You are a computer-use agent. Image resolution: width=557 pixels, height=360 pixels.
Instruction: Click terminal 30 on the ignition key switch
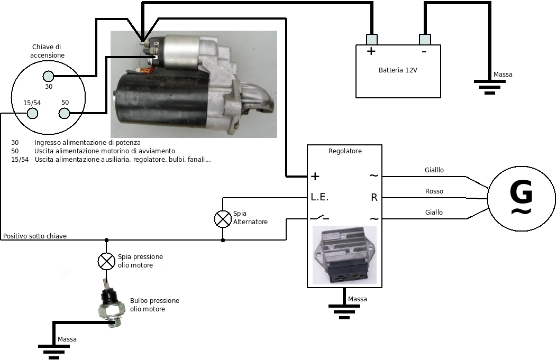click(48, 76)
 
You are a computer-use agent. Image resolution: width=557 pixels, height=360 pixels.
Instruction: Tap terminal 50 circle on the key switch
click(65, 113)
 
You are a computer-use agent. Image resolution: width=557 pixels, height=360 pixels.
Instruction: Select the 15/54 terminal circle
click(32, 113)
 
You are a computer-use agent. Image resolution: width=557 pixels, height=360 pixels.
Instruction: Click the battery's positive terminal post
click(372, 39)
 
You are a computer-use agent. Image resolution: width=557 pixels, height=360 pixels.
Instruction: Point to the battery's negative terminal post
click(425, 39)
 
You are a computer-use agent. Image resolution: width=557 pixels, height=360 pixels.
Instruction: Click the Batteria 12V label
click(398, 70)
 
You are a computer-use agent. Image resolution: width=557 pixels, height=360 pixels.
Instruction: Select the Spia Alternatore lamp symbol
click(222, 218)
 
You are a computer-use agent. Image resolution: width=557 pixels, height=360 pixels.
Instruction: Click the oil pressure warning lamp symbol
click(107, 261)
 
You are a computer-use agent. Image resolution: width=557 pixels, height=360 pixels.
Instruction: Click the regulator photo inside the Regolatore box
click(344, 255)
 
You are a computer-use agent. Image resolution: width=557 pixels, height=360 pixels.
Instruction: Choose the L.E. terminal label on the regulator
click(319, 198)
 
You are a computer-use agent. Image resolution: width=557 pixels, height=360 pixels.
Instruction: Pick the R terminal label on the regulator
click(374, 198)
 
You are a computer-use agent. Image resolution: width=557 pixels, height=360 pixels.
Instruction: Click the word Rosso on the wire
click(434, 191)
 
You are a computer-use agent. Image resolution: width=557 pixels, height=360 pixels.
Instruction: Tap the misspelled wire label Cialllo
click(434, 170)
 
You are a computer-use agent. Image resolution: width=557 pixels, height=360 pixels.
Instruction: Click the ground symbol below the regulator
click(344, 310)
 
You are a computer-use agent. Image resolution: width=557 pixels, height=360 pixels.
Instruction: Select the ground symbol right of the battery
click(489, 86)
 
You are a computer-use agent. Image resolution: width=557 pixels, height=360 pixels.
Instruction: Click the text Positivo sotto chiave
click(35, 236)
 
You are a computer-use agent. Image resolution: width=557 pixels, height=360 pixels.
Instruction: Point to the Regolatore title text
click(345, 151)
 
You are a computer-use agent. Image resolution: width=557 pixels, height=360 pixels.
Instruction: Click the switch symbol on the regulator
click(319, 218)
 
